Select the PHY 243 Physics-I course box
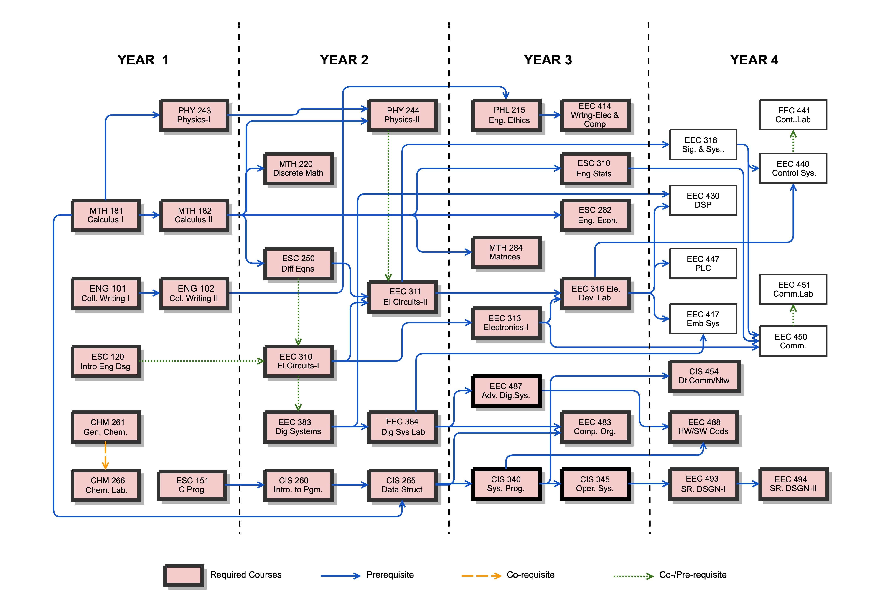point(194,115)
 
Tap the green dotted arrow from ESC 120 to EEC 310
point(202,361)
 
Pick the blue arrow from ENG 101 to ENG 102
point(150,293)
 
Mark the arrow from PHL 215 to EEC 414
point(551,115)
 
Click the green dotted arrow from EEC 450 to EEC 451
point(793,315)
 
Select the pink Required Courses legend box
point(184,575)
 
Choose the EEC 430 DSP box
point(703,200)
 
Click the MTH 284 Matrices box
point(506,252)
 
